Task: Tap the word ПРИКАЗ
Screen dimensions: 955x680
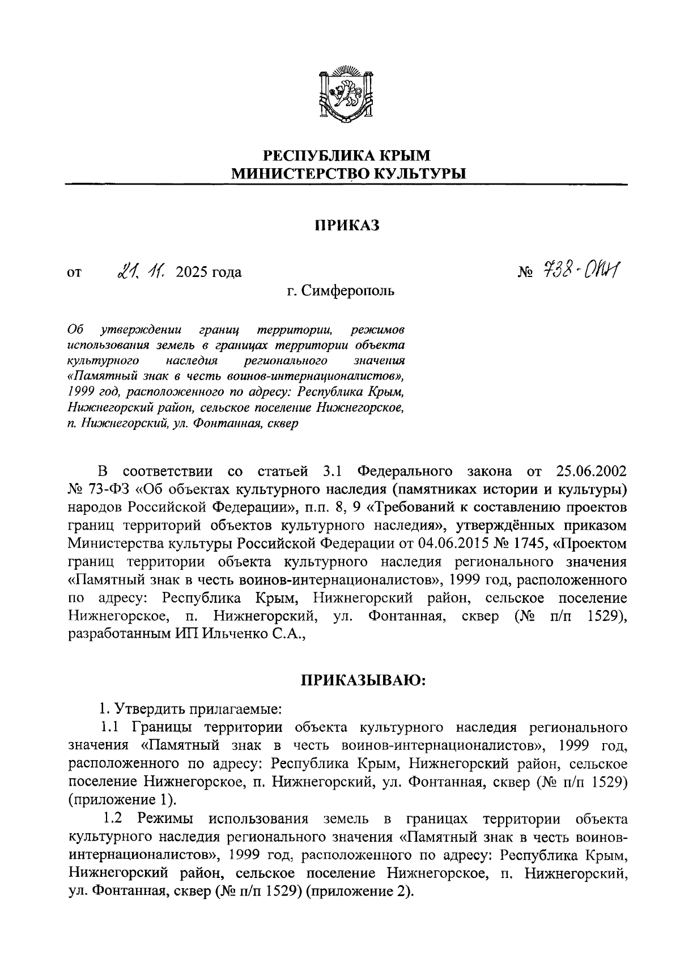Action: pyautogui.click(x=346, y=225)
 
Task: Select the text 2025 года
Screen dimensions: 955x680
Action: pyautogui.click(x=209, y=272)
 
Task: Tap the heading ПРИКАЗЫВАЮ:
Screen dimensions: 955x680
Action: pyautogui.click(x=363, y=680)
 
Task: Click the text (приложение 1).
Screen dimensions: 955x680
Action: pyautogui.click(x=122, y=800)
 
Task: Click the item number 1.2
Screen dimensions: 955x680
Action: pyautogui.click(x=113, y=818)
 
